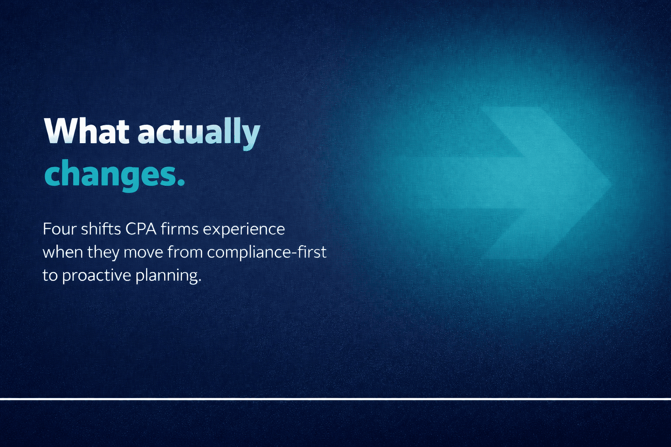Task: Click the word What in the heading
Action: (86, 131)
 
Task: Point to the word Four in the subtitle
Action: (59, 229)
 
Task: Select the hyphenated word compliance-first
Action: (266, 252)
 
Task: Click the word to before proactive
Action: (50, 275)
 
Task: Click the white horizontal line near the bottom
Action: (335, 399)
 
